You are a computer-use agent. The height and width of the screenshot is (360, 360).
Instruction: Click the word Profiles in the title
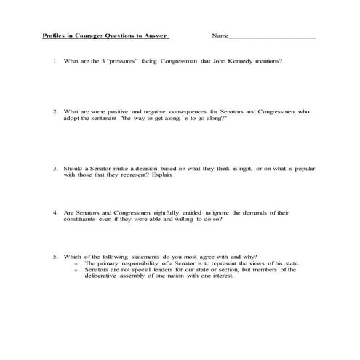(54, 36)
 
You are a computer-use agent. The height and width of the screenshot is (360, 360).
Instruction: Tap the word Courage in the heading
(87, 36)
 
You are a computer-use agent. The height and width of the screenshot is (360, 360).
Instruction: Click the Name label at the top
(220, 36)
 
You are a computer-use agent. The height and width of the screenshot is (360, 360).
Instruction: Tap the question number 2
(55, 111)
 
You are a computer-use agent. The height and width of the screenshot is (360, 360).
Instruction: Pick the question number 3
(55, 168)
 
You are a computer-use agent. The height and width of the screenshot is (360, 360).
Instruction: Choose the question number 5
(55, 256)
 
